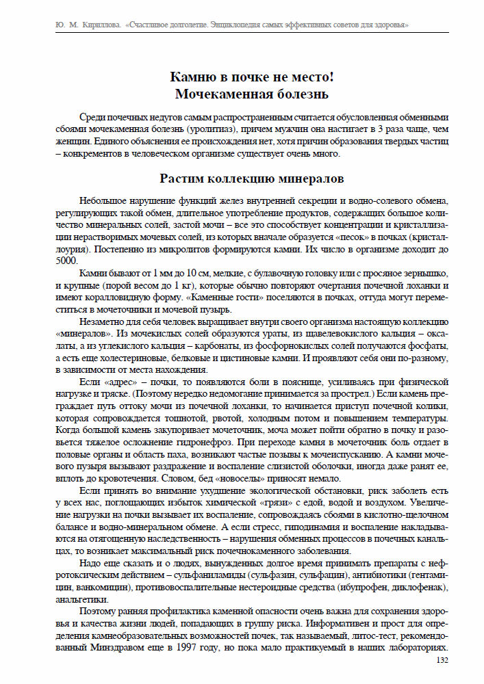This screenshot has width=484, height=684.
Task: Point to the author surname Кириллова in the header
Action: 99,25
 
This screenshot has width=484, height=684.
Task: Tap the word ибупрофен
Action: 364,588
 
